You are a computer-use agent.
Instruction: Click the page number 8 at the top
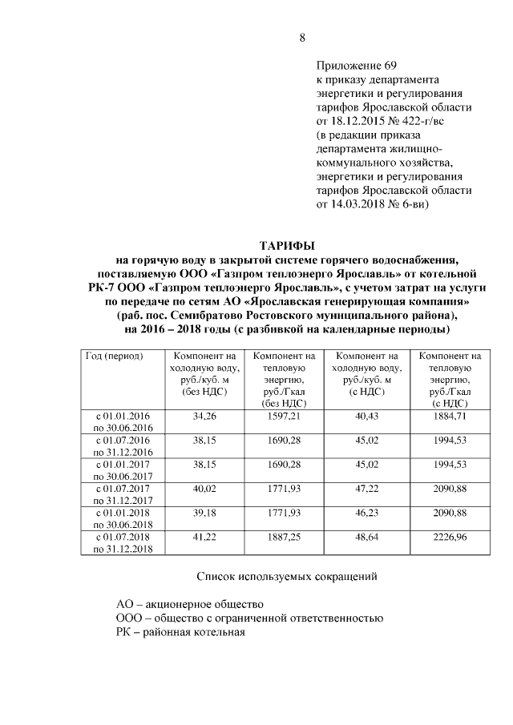(x=302, y=38)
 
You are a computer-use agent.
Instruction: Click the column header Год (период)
(x=114, y=356)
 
